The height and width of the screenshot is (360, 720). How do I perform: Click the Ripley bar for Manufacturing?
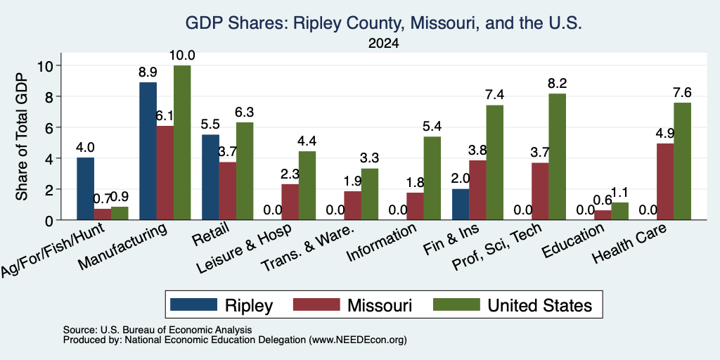(148, 151)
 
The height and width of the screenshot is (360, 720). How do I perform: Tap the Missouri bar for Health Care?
(665, 182)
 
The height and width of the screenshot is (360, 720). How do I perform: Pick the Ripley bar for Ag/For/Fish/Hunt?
(85, 188)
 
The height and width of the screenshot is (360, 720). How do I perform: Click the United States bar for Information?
(432, 178)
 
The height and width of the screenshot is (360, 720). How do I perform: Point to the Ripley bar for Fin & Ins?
(461, 205)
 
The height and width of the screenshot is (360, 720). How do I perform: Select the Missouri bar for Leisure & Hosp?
(290, 202)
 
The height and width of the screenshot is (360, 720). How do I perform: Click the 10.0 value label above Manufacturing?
(182, 56)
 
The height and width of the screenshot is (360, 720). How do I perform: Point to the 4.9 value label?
(665, 134)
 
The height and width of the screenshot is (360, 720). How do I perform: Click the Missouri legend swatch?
(316, 305)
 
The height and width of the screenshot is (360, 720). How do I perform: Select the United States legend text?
(540, 305)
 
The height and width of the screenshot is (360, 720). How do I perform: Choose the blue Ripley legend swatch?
(193, 305)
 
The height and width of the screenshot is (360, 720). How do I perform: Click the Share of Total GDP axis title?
(22, 136)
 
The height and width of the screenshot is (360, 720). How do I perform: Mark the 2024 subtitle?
(383, 44)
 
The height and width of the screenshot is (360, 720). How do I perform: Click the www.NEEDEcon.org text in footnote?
(358, 340)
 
